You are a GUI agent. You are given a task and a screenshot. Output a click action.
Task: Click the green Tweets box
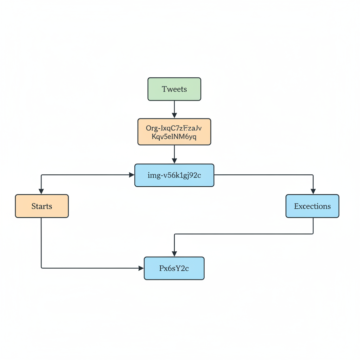(174, 89)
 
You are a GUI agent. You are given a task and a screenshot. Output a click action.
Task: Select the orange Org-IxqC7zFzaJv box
(174, 132)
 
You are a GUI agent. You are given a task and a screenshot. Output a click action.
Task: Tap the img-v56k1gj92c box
(174, 175)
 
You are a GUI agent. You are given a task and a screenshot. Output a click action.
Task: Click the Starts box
(42, 206)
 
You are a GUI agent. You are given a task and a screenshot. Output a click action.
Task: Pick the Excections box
(312, 206)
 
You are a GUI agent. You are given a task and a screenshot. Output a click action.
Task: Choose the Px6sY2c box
(174, 268)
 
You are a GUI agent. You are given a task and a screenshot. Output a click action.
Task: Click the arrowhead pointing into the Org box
(174, 115)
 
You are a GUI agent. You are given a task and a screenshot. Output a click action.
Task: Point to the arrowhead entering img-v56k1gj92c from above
(174, 161)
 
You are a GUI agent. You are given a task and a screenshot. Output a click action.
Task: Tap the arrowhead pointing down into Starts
(41, 191)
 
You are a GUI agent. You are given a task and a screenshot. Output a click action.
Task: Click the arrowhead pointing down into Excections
(313, 191)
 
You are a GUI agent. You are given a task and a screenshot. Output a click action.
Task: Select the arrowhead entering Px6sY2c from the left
(141, 268)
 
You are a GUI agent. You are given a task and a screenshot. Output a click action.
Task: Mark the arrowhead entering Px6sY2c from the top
(174, 253)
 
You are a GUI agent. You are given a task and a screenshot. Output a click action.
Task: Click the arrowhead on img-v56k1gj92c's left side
(132, 175)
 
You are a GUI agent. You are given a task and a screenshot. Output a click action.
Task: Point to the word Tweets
(174, 89)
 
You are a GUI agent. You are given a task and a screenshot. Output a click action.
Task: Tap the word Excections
(312, 206)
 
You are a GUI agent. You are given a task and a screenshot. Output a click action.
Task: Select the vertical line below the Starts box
(41, 243)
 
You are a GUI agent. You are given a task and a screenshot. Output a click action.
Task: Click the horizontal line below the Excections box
(246, 234)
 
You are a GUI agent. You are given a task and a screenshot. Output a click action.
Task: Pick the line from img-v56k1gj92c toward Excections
(264, 175)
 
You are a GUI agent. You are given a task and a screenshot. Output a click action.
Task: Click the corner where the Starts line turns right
(41, 268)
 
